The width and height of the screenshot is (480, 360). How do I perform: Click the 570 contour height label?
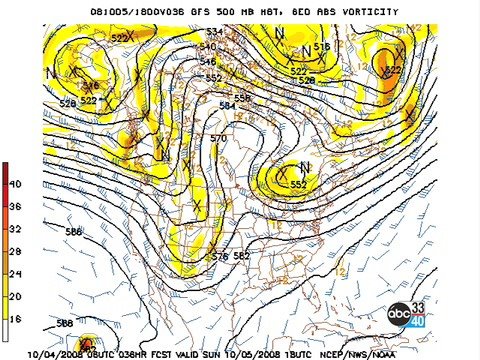point(219,138)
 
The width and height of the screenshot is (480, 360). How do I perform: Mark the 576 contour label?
point(220,257)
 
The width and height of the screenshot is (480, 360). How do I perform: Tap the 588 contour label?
point(64,322)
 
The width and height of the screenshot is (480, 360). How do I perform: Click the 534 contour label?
point(212,32)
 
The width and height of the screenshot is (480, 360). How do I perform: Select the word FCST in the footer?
point(163,353)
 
